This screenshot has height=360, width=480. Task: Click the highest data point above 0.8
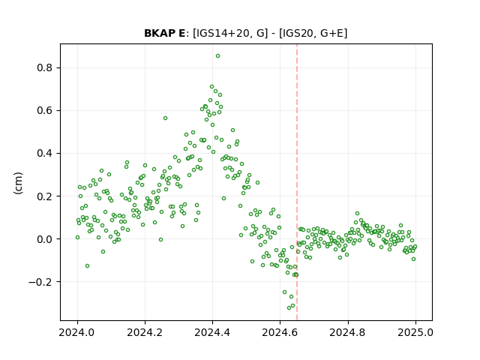click(x=217, y=56)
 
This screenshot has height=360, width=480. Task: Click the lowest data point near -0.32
click(x=289, y=307)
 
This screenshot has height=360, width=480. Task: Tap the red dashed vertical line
click(x=297, y=182)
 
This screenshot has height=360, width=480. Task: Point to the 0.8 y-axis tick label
click(x=44, y=67)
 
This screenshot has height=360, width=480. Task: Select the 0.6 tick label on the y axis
click(x=44, y=110)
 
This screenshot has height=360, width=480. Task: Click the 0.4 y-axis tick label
click(x=44, y=153)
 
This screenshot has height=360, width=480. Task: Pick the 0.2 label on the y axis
click(x=44, y=196)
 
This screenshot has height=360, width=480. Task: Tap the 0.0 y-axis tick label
click(x=44, y=239)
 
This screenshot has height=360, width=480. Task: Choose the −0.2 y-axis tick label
click(x=40, y=282)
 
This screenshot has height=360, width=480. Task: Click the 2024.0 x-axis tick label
click(x=77, y=332)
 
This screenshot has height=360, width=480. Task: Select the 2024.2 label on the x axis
click(x=145, y=332)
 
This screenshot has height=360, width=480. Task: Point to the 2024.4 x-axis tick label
click(x=212, y=332)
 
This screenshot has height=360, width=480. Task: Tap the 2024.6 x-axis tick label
click(x=280, y=332)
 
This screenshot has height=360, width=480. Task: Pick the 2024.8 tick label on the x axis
click(x=348, y=332)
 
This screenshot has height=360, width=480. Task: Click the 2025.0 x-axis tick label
click(x=415, y=332)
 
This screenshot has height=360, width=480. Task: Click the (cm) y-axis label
click(x=18, y=183)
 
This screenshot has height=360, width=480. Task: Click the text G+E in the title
click(x=332, y=33)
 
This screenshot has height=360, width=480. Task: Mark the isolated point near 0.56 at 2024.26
click(x=165, y=118)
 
